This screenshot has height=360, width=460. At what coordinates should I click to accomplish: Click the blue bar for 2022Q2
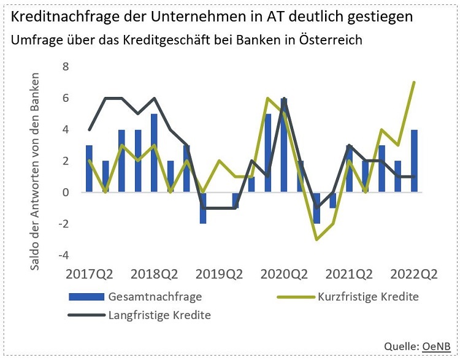(415, 161)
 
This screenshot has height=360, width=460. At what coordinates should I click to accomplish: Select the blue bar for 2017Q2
(90, 169)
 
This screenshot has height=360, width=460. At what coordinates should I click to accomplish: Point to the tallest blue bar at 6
(284, 145)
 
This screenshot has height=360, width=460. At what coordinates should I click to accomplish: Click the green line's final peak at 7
(415, 82)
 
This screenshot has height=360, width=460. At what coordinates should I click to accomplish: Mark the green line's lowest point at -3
(316, 239)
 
